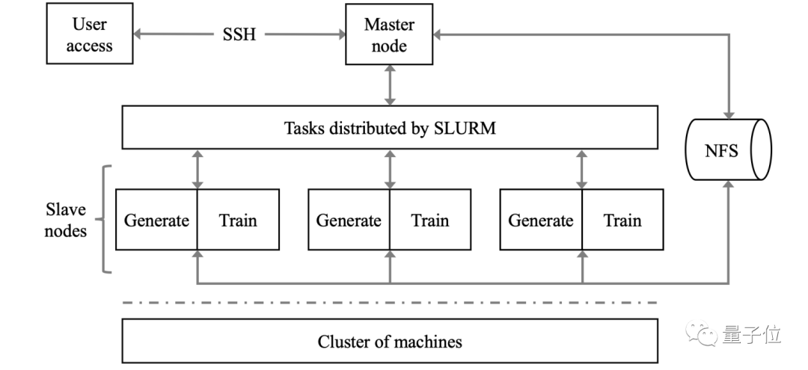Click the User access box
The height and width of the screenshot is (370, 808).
(x=91, y=35)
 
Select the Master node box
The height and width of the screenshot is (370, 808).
(x=389, y=35)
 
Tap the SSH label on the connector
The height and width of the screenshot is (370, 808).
(x=239, y=35)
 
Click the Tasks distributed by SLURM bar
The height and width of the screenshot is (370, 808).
(x=390, y=127)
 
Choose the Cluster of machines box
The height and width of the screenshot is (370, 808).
(x=390, y=342)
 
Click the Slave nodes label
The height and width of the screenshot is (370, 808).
(x=66, y=219)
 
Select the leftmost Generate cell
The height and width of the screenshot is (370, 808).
(x=156, y=220)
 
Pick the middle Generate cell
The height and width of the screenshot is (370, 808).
(x=349, y=220)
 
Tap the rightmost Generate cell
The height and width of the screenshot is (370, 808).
(x=541, y=220)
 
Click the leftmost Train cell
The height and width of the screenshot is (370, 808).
(x=238, y=220)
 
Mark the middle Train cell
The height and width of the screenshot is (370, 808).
(x=430, y=220)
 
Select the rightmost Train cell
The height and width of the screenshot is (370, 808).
(x=622, y=220)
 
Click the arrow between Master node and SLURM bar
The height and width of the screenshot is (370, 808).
(x=389, y=84)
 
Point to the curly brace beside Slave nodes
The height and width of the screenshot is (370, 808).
(x=106, y=219)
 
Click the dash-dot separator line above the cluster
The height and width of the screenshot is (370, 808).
(x=390, y=302)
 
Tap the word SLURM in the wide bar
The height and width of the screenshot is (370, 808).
(x=465, y=128)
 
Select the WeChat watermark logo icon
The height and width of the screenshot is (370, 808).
(x=708, y=333)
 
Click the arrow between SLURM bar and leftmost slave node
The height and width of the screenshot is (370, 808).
(x=198, y=168)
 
